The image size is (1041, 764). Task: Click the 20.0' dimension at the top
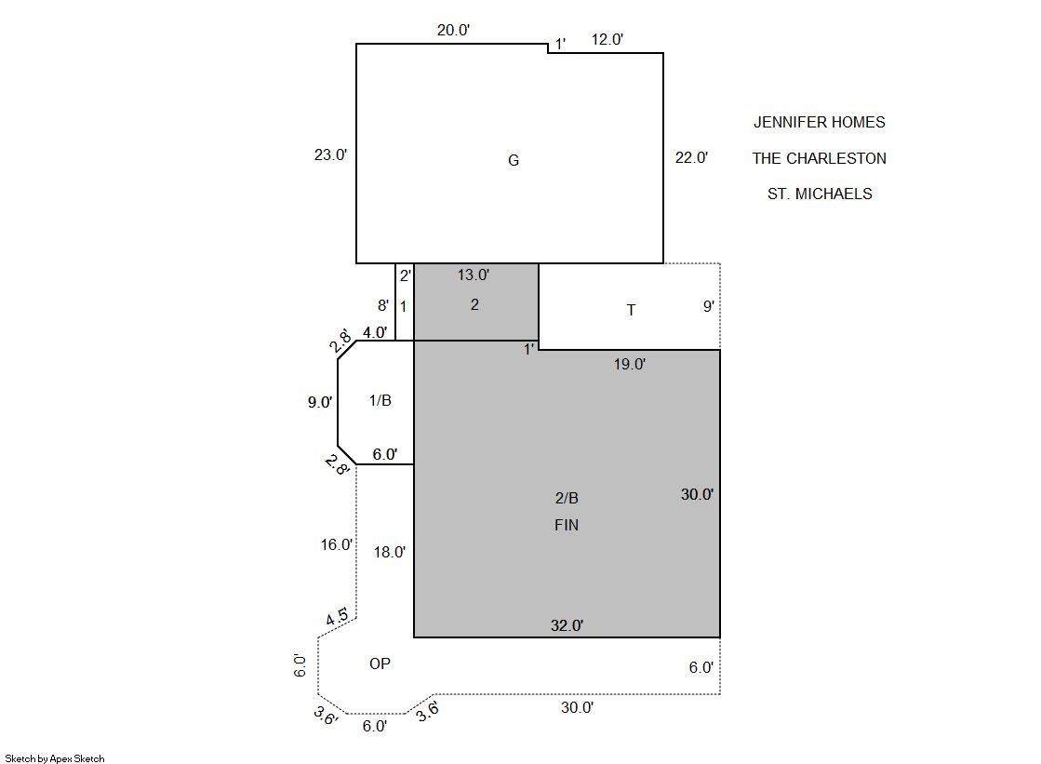tap(453, 30)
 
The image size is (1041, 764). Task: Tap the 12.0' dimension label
tap(607, 39)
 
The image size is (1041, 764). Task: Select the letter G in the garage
tap(514, 160)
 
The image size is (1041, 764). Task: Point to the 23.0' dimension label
tap(330, 154)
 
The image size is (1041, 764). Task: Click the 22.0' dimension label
tap(692, 157)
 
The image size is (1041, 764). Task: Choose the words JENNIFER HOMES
tap(820, 122)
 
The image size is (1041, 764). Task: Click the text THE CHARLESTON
tap(820, 158)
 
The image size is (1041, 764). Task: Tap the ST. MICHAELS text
tap(820, 194)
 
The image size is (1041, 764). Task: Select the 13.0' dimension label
tap(474, 275)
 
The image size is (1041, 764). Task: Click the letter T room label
tap(632, 310)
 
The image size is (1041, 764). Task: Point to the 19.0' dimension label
tap(630, 364)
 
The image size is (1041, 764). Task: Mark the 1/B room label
tap(380, 400)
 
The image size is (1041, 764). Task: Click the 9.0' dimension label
tap(320, 402)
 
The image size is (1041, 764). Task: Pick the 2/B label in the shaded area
tap(567, 498)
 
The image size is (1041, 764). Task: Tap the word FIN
tap(567, 525)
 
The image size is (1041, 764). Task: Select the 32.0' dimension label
tap(567, 625)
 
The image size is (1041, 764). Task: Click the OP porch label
tap(380, 663)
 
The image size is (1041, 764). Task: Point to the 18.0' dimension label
tap(390, 552)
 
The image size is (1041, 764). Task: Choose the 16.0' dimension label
tap(337, 544)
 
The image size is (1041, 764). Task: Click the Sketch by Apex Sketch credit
tap(55, 758)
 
